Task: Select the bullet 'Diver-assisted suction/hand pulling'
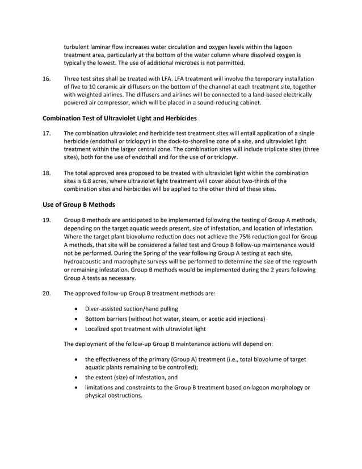point(131,309)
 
